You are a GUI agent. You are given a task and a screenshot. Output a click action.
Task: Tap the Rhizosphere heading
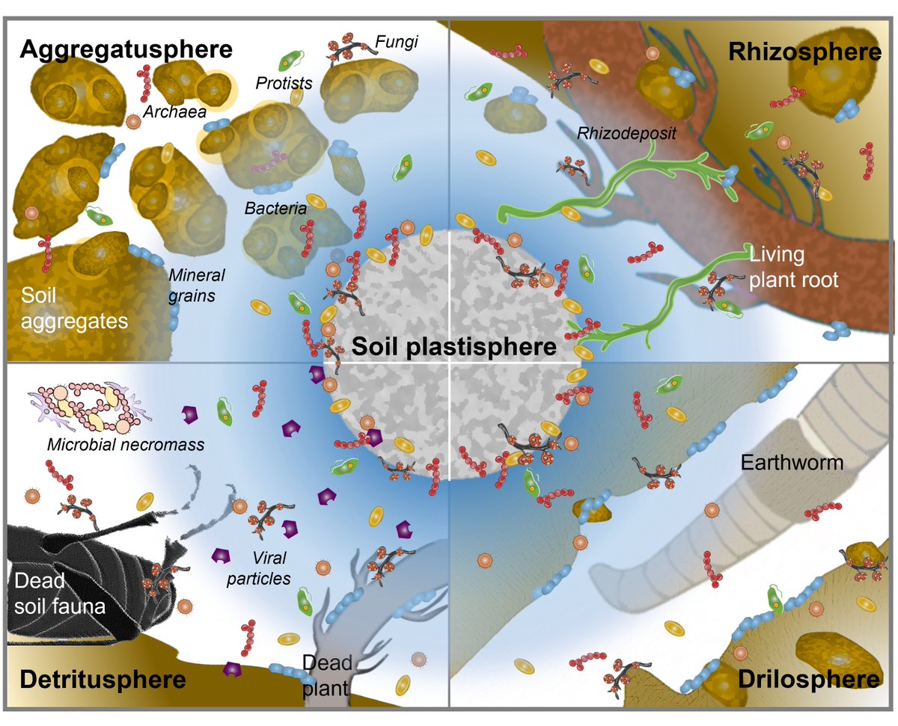(804, 52)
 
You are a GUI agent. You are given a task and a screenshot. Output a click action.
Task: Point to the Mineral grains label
(197, 285)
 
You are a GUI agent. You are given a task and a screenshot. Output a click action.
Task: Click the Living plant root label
(794, 268)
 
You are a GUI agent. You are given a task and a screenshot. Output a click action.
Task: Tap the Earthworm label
(792, 462)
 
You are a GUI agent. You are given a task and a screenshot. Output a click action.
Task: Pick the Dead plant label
(327, 674)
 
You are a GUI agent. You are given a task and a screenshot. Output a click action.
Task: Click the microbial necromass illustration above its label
(83, 407)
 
